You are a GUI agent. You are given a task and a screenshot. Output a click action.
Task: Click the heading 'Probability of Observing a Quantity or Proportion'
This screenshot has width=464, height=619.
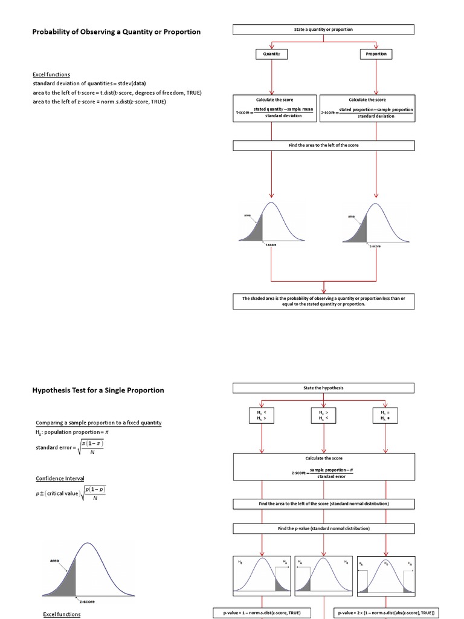pos(116,31)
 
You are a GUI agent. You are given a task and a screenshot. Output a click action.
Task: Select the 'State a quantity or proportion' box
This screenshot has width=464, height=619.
pos(324,30)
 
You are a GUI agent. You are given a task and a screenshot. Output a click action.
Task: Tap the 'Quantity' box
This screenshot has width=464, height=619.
pos(272,54)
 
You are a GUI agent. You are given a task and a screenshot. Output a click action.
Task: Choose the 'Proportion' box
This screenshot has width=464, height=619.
pos(376,54)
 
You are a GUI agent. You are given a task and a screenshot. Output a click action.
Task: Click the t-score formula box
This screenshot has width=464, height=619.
pos(275,108)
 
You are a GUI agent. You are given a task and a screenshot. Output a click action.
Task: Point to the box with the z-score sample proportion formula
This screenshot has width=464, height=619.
pos(367,108)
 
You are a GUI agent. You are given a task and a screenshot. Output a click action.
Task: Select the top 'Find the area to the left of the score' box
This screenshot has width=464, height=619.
pos(324,145)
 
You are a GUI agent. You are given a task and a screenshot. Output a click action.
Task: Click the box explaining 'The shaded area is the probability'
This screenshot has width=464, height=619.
pos(324,301)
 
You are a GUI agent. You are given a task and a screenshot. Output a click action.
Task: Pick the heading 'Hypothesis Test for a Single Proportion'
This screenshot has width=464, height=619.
pos(98,390)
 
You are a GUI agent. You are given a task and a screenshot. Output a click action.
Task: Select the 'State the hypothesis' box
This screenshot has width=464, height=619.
pos(324,387)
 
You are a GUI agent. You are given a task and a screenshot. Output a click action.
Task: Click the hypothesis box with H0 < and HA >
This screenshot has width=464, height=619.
pos(262,415)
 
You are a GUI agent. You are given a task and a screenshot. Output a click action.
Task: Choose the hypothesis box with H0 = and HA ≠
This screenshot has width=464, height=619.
pos(387,415)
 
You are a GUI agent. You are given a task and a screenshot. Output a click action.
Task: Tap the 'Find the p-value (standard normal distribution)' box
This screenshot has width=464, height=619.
pos(324,528)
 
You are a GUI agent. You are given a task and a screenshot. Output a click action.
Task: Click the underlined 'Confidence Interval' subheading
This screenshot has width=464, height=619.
pos(60,478)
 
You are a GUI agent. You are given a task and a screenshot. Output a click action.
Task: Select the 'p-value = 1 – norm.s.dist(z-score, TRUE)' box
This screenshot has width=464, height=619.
pos(262,612)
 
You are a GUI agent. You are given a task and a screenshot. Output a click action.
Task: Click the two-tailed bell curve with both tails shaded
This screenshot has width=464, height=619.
pos(387,574)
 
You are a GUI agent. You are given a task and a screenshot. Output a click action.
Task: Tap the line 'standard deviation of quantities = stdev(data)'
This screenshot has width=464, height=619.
pos(89,83)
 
